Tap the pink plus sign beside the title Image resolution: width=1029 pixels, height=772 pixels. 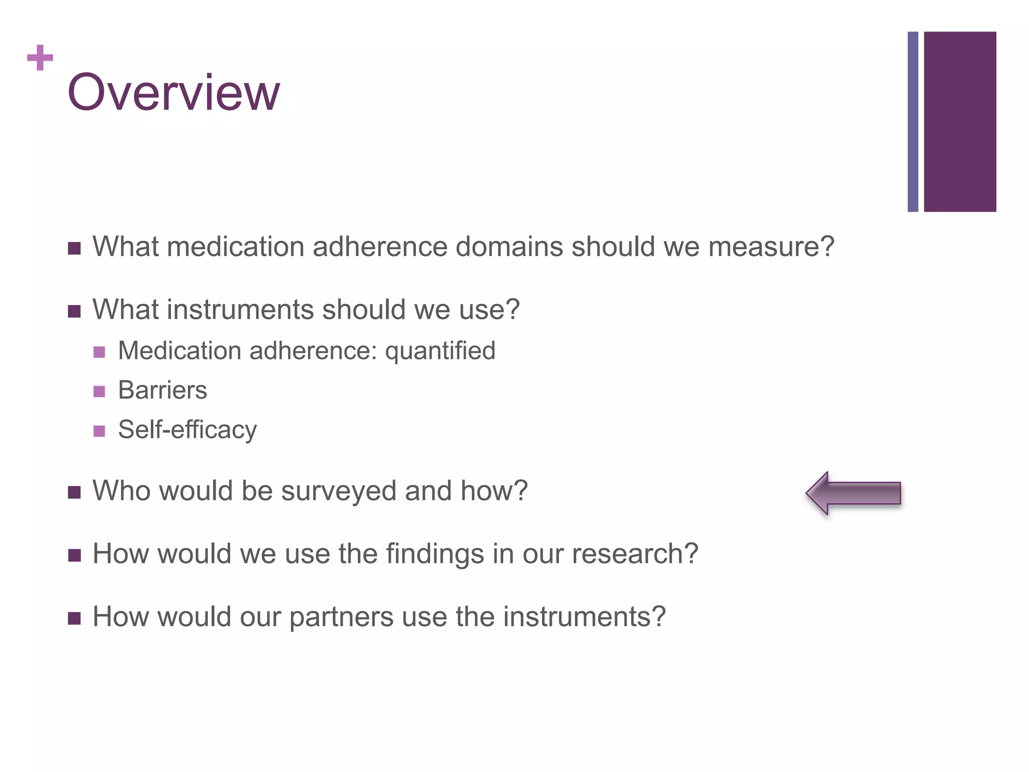[40, 58]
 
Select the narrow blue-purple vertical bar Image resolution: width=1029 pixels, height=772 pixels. [912, 122]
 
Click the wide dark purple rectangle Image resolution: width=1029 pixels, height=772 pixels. [960, 122]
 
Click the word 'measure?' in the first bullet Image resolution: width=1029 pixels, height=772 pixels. [771, 247]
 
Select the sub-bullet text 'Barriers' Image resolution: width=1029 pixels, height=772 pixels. [162, 390]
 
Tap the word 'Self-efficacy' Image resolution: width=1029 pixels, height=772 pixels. [187, 430]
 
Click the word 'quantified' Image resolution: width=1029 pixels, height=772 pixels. [440, 351]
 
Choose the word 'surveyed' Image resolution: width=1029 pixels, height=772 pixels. [339, 491]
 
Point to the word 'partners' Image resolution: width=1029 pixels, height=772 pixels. [341, 617]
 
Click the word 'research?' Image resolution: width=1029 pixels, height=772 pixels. [635, 554]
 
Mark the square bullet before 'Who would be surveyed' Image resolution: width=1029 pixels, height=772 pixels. [74, 493]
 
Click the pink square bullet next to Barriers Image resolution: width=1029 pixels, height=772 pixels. [99, 392]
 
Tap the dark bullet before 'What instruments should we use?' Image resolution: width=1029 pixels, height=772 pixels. [74, 312]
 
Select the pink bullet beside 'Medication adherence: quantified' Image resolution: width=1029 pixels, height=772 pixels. [99, 352]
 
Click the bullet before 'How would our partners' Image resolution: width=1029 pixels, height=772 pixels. [74, 618]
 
